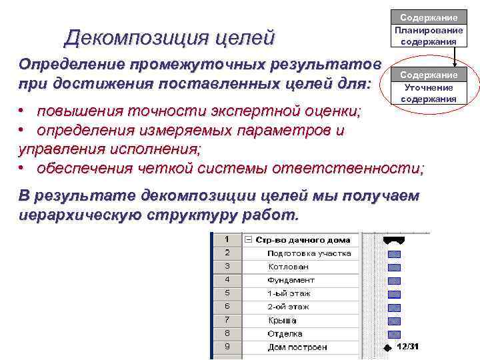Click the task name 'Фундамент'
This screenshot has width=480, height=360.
[291, 280]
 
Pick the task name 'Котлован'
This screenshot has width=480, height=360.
[288, 267]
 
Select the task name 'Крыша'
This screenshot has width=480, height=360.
[282, 321]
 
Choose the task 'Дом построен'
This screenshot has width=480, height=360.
[297, 347]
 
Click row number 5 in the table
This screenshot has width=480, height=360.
[227, 293]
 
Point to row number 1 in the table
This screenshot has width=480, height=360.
[227, 239]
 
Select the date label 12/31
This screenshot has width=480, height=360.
[407, 347]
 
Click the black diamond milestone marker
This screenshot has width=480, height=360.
[388, 347]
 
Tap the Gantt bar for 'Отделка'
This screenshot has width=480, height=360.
[394, 334]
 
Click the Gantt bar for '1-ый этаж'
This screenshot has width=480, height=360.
[394, 294]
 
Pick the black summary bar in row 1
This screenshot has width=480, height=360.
[394, 239]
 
